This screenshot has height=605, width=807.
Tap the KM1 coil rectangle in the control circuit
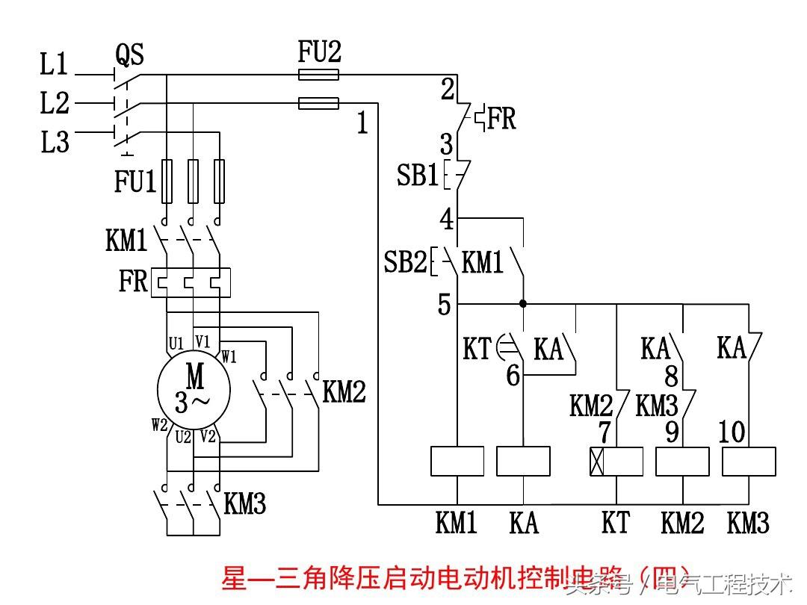tap(457, 461)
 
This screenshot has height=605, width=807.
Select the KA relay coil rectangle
tap(523, 461)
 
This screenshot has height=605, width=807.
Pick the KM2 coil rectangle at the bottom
tap(682, 461)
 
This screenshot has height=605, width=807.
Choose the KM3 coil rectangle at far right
tap(749, 461)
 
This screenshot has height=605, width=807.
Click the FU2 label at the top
tap(319, 52)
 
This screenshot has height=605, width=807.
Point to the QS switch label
tap(129, 55)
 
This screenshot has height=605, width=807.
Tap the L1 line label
tap(54, 66)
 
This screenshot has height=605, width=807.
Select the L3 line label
tap(55, 141)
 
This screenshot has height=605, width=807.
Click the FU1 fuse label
tap(134, 181)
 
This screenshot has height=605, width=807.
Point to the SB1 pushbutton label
tap(417, 176)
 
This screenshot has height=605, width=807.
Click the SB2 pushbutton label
tap(404, 262)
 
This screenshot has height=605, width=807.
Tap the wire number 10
tap(732, 432)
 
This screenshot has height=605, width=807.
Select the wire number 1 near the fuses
tap(362, 123)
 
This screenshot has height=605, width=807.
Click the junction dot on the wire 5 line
tap(523, 304)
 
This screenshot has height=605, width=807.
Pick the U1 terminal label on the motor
tap(176, 344)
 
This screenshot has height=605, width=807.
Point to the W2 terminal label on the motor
tap(159, 426)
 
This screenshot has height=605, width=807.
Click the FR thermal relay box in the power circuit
tap(191, 283)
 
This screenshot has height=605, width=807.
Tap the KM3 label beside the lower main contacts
tap(244, 504)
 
